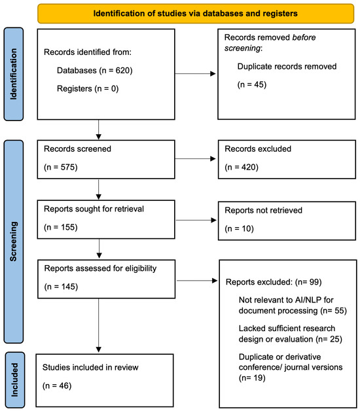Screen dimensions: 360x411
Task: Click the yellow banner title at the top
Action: [x=195, y=13]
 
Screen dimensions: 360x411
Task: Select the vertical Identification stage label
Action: [x=13, y=74]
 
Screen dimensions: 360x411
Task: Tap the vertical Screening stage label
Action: [x=13, y=241]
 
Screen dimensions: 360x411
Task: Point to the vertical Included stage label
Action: [x=14, y=380]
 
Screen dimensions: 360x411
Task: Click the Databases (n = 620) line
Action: [x=95, y=71]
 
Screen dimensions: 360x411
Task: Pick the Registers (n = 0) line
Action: [x=88, y=88]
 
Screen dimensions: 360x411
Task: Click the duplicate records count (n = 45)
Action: [x=252, y=84]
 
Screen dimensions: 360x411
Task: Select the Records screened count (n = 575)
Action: [x=61, y=168]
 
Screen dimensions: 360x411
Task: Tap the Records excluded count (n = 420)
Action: [x=242, y=168]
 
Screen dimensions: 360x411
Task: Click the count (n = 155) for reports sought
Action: [x=61, y=227]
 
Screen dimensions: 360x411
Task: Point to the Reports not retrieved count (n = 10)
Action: [x=239, y=229]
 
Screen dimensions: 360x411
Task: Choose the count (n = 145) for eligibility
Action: [x=61, y=287]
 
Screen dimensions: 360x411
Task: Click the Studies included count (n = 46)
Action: [x=57, y=386]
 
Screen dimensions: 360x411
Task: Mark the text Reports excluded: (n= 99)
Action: [x=274, y=282]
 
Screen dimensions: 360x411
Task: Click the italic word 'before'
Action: [x=304, y=37]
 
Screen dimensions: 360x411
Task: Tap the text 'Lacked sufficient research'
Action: [x=287, y=328]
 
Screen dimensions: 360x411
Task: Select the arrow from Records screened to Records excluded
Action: [x=195, y=158]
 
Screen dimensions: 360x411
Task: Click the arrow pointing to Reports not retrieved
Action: [x=196, y=220]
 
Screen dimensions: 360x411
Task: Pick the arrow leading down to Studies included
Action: [x=99, y=325]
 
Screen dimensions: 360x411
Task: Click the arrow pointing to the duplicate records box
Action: [x=195, y=74]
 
